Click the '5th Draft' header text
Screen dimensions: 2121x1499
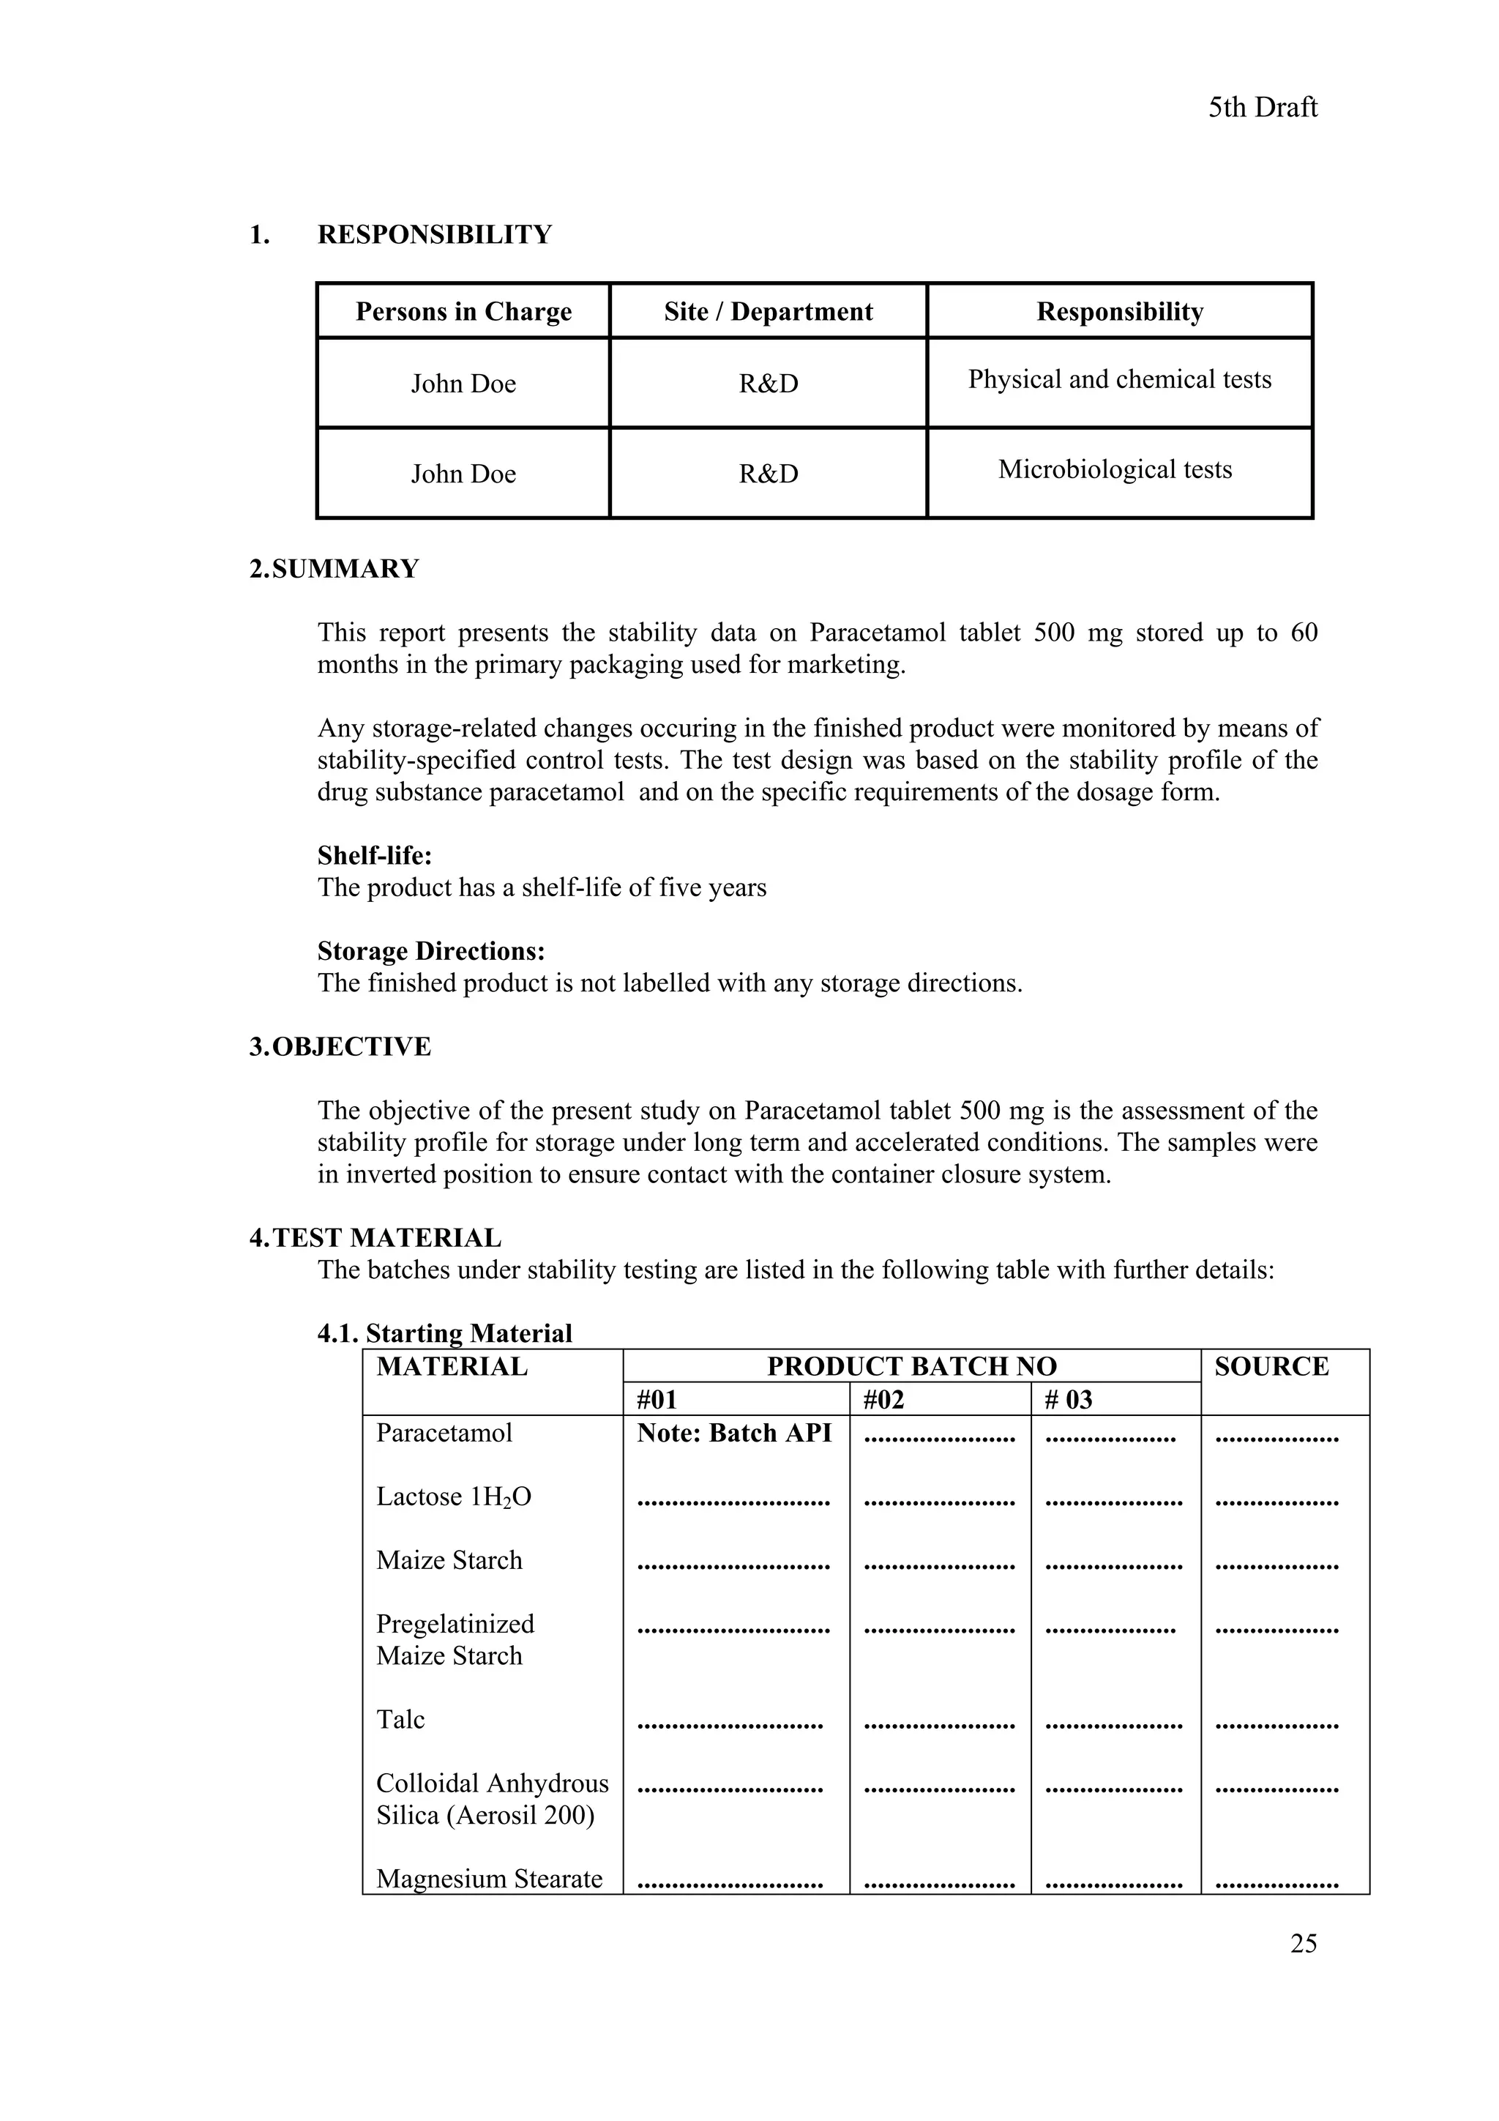click(x=1262, y=108)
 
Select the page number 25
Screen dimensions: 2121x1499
click(x=1303, y=1942)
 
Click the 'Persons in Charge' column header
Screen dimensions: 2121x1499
click(x=463, y=311)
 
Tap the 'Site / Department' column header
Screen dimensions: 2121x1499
click(x=768, y=311)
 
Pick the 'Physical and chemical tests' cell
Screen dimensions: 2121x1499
click(x=1119, y=380)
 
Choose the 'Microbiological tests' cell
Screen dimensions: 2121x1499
click(x=1115, y=469)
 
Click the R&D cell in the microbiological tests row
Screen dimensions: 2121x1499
click(x=768, y=474)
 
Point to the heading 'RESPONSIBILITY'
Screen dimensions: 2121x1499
click(x=434, y=234)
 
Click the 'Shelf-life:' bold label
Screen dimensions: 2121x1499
click(x=374, y=854)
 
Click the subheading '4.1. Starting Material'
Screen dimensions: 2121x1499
click(x=444, y=1333)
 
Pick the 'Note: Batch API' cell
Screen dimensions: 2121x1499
click(x=734, y=1433)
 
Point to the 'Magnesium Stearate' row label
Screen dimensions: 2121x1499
click(x=489, y=1878)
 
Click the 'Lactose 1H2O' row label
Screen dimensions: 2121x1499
click(x=454, y=1496)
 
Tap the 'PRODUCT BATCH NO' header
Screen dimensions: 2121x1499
click(x=911, y=1366)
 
